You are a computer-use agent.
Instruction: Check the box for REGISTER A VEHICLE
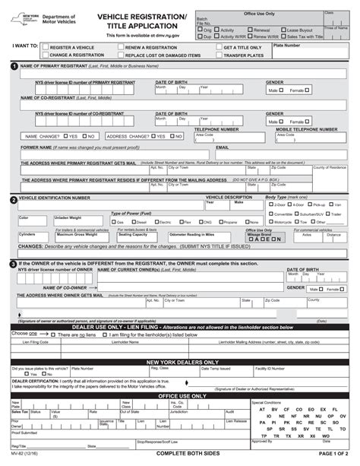point(46,46)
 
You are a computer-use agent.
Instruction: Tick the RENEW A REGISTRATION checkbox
point(120,46)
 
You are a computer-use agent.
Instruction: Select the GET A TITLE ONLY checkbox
point(219,46)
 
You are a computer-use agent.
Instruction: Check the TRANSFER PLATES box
point(219,55)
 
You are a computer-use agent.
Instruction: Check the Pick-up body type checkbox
point(314,205)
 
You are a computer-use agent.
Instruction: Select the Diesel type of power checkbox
point(134,222)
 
